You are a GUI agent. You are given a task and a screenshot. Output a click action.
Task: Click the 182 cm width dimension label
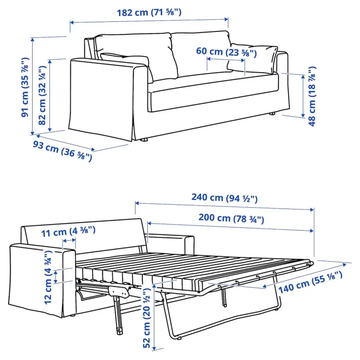pos(149,13)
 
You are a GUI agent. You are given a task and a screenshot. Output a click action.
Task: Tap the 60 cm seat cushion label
pos(226,52)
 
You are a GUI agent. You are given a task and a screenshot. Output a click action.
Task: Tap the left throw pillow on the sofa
pos(126,61)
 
